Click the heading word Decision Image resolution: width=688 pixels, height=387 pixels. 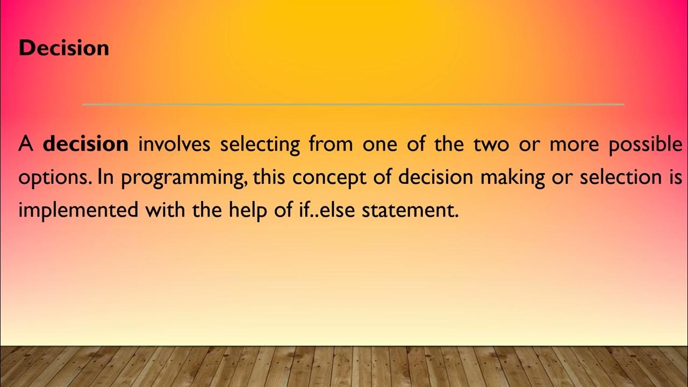click(63, 48)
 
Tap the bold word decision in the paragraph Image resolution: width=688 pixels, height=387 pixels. click(85, 144)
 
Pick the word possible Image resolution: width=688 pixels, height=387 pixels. click(645, 145)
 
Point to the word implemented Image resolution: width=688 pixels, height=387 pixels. click(78, 211)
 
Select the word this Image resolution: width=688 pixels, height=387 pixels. click(269, 177)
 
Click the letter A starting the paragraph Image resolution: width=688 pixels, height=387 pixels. click(26, 144)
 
